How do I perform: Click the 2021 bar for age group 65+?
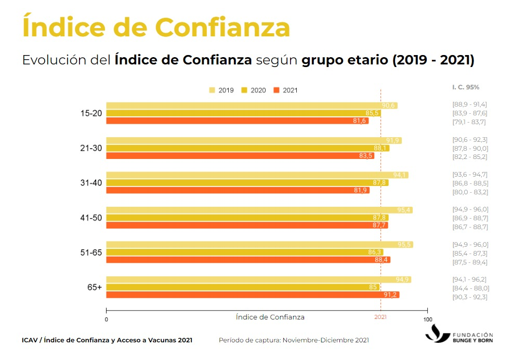(253, 295)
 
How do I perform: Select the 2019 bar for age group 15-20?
(252, 105)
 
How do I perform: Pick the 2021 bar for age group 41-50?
(247, 225)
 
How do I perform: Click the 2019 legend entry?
(221, 90)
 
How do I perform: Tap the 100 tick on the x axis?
(427, 319)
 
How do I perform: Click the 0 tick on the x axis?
(106, 319)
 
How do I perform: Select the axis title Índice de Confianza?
(270, 317)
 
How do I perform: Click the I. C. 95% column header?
(466, 87)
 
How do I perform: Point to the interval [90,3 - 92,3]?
(470, 297)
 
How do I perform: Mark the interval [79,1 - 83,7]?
(470, 122)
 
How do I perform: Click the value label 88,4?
(382, 260)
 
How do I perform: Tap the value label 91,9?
(393, 141)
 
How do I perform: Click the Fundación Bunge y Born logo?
(459, 334)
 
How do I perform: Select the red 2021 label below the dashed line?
(380, 317)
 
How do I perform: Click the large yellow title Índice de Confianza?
(156, 27)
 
